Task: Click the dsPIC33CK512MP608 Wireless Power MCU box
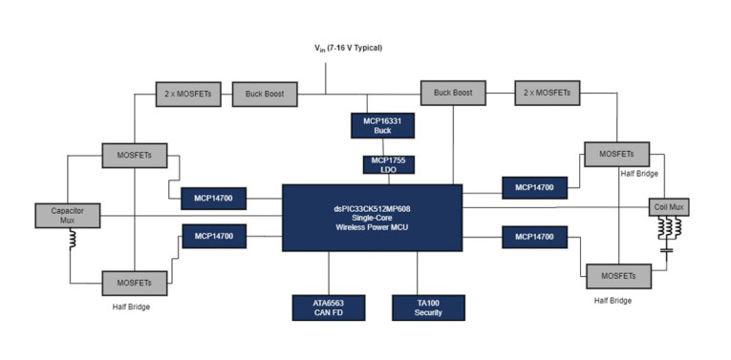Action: [x=372, y=218]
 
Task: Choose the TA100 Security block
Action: [x=428, y=307]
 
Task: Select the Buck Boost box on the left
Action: [x=265, y=94]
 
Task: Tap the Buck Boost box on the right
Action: [x=453, y=93]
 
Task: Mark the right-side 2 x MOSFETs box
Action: [x=547, y=93]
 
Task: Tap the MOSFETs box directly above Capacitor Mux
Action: [x=135, y=154]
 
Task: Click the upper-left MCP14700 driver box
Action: [x=214, y=199]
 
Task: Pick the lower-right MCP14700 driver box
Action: [x=534, y=236]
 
